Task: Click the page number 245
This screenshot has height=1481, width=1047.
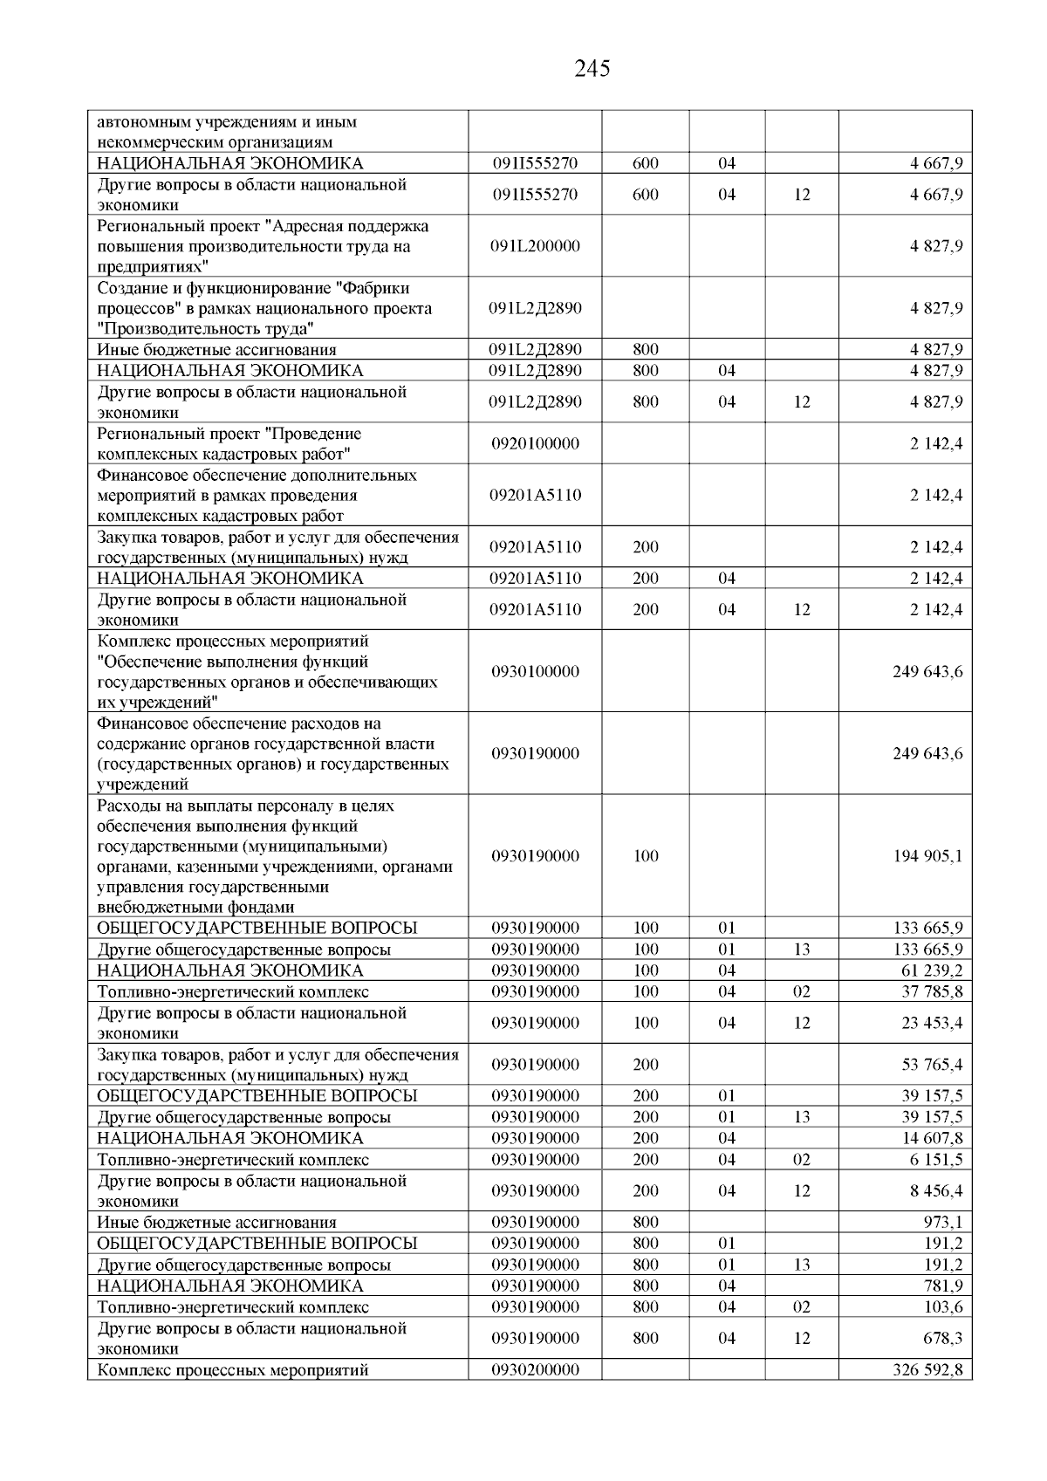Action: [592, 68]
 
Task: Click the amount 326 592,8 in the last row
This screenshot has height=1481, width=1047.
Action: [927, 1370]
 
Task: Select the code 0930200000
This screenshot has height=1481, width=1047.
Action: [535, 1370]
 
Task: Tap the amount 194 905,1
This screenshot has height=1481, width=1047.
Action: [927, 856]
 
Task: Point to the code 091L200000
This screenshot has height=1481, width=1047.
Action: [535, 246]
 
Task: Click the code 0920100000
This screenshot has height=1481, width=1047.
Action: [535, 443]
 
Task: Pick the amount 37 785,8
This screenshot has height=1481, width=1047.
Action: [932, 991]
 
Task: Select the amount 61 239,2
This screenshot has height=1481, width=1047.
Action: [932, 970]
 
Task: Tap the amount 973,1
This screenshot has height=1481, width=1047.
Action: [941, 1223]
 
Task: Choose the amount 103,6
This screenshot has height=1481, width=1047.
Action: [943, 1307]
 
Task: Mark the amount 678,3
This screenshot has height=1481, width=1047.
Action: [942, 1339]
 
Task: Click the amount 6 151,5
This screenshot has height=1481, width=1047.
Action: [936, 1160]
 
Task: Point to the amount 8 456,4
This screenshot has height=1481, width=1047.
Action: [936, 1191]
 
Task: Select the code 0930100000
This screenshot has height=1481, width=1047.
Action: [535, 672]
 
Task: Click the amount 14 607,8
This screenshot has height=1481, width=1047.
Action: [932, 1138]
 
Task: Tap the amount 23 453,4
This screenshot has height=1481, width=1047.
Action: [932, 1023]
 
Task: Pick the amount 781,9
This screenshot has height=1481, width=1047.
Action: [942, 1286]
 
